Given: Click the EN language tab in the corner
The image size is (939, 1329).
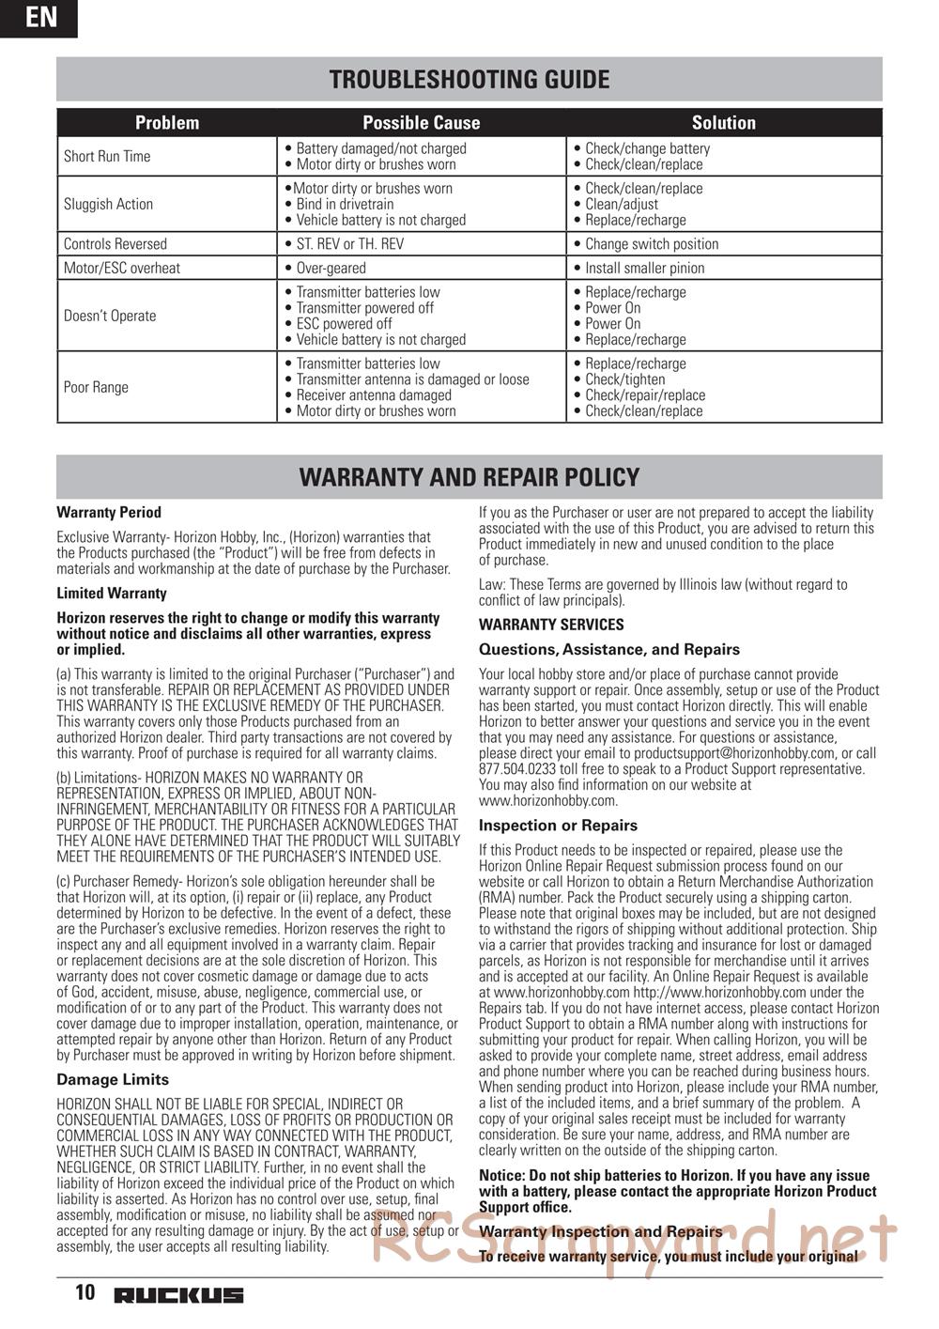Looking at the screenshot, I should click(x=38, y=18).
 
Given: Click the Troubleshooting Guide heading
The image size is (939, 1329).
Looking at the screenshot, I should click(x=469, y=80).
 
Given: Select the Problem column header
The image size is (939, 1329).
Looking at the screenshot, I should click(x=167, y=123).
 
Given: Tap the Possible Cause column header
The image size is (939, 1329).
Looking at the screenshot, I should click(x=421, y=123).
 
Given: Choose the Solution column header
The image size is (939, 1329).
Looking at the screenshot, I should click(x=723, y=123).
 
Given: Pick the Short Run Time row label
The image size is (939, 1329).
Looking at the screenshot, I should click(x=107, y=157).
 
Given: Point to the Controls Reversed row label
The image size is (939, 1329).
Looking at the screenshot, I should click(x=115, y=244).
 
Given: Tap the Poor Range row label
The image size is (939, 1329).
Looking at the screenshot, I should click(x=96, y=387).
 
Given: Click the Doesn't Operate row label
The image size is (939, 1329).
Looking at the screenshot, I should click(x=110, y=316).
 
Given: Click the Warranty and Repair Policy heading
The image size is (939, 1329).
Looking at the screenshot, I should click(x=469, y=477).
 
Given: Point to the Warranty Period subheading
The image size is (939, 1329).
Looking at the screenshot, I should click(x=109, y=513).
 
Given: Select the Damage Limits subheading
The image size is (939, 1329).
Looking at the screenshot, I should click(x=113, y=1080).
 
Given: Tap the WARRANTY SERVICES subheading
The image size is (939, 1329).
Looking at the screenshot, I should click(x=551, y=625).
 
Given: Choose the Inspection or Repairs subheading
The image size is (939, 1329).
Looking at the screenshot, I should click(x=558, y=826).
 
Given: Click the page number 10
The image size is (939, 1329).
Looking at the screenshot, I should click(x=85, y=1293).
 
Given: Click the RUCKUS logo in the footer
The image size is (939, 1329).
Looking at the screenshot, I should click(x=178, y=1295).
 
